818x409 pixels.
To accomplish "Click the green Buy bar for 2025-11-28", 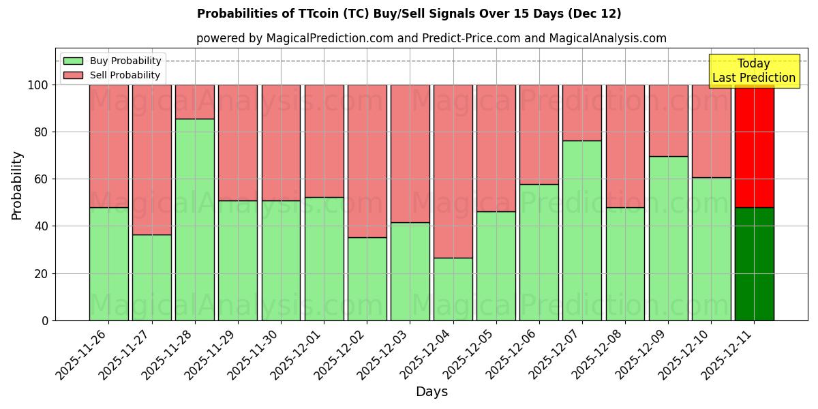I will [195, 219].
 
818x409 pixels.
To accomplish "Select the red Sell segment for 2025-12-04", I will [453, 171].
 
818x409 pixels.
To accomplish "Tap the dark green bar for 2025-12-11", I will [755, 264].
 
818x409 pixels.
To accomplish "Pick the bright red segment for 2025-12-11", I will [755, 146].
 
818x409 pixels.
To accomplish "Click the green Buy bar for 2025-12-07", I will [582, 230].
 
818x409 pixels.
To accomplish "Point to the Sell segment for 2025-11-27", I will [152, 160].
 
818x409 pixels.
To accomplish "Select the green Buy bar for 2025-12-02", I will [367, 279].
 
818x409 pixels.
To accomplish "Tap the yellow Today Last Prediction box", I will [754, 71].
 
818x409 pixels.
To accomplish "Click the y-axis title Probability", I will [17, 185].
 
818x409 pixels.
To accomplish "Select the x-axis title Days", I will [431, 392].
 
